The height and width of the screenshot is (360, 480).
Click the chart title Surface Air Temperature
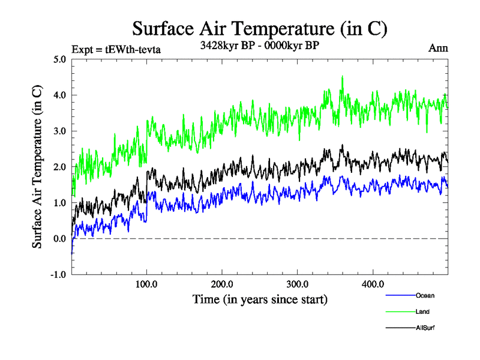click(x=260, y=29)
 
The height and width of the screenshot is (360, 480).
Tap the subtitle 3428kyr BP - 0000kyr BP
click(x=259, y=45)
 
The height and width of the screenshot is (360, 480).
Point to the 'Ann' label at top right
click(x=438, y=48)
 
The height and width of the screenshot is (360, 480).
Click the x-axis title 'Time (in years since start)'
click(x=260, y=298)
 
